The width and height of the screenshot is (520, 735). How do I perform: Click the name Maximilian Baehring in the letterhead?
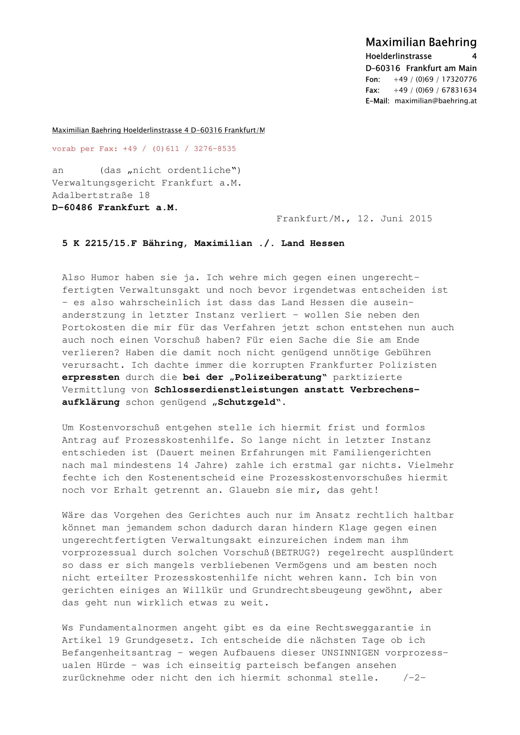pyautogui.click(x=421, y=42)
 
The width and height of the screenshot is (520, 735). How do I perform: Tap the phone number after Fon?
pyautogui.click(x=435, y=80)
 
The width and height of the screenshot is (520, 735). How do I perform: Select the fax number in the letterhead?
pyautogui.click(x=435, y=90)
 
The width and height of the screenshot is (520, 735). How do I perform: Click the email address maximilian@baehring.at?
pyautogui.click(x=435, y=101)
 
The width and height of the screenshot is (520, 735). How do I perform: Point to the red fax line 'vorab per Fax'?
pyautogui.click(x=144, y=149)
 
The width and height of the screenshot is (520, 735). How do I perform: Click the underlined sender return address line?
pyautogui.click(x=158, y=130)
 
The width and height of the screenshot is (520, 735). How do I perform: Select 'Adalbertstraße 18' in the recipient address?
pyautogui.click(x=101, y=195)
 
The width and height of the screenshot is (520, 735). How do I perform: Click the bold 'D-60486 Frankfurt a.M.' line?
pyautogui.click(x=115, y=207)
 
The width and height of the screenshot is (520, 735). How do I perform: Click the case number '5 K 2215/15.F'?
pyautogui.click(x=100, y=244)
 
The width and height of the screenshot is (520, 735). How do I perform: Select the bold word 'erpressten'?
pyautogui.click(x=91, y=377)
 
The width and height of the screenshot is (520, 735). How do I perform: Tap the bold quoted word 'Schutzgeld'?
pyautogui.click(x=249, y=403)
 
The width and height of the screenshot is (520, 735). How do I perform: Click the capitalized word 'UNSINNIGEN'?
pyautogui.click(x=350, y=653)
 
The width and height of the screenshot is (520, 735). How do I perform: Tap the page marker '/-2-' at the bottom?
pyautogui.click(x=414, y=678)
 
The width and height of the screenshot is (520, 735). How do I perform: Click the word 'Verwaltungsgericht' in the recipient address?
pyautogui.click(x=104, y=183)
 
